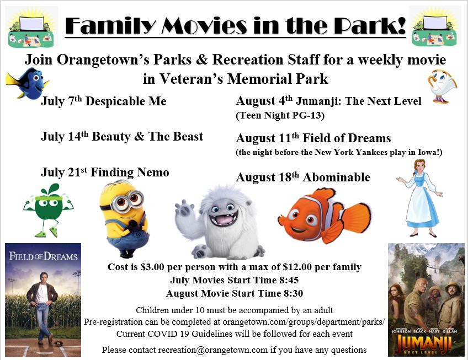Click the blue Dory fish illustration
click(28, 83)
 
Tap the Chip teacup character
click(441, 87)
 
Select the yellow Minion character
click(124, 219)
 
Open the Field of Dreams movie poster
click(43, 300)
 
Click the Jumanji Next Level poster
click(426, 300)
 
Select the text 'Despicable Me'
click(126, 101)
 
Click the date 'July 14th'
click(65, 136)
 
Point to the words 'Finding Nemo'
click(130, 172)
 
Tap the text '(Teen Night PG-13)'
click(280, 115)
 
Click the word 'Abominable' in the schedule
click(337, 177)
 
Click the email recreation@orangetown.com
click(213, 350)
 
